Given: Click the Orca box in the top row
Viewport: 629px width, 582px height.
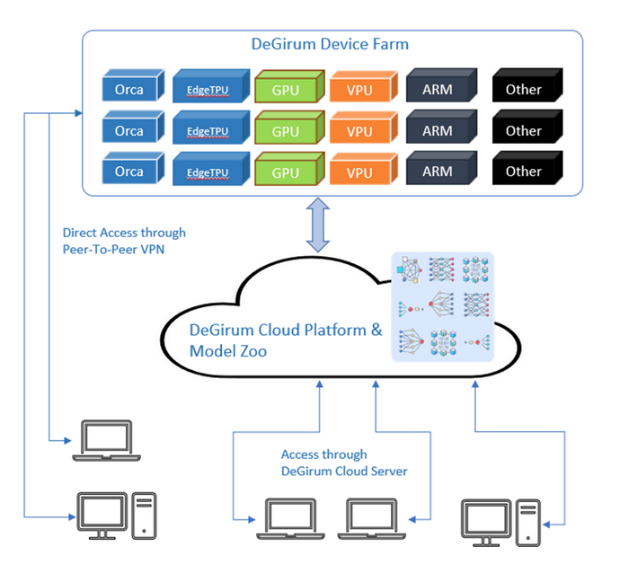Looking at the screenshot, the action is pos(133,85).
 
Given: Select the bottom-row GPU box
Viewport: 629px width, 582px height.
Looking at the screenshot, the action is pos(289,168).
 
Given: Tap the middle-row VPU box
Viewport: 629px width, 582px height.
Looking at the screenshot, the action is pos(363,127).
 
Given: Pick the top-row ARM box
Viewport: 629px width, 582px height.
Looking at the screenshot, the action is pos(441,85).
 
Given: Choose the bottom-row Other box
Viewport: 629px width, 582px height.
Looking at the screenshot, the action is pos(527,168).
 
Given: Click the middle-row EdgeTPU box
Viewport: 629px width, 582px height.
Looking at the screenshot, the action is pos(211,127).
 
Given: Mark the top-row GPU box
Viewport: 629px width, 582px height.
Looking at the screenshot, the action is pos(289,86).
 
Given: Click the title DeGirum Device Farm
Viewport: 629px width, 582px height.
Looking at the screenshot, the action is pos(330,44).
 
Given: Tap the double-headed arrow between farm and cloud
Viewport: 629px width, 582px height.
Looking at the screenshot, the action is pos(318,225).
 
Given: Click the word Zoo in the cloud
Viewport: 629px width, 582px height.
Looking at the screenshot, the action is pos(253,351).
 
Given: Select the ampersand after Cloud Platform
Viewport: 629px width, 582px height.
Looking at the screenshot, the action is pos(377,330).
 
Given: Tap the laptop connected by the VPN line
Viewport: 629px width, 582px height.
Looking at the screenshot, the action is pos(106,440).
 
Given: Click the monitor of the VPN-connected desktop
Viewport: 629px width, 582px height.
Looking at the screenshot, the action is pos(102,516).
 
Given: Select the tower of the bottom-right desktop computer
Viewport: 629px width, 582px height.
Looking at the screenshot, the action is pos(528,523).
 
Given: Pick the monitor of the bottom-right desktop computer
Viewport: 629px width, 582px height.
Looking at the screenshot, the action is pos(486,523).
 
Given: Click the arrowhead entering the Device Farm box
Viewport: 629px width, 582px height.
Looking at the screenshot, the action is pos(79,113).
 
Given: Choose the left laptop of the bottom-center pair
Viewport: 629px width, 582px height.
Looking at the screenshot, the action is pos(290,518).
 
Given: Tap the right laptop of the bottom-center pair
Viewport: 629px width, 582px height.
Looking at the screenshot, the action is pos(371,518).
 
